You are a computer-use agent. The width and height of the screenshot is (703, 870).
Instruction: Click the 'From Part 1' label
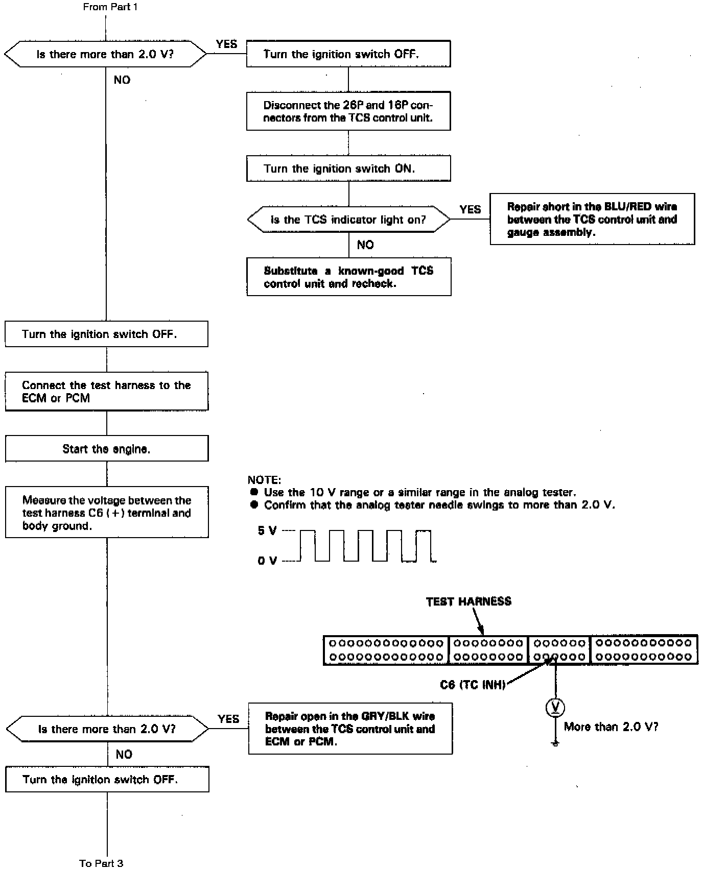pyautogui.click(x=110, y=7)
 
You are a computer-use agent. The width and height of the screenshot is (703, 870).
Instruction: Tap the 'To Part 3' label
pyautogui.click(x=101, y=863)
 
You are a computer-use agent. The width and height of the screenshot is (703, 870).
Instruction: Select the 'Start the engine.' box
pyautogui.click(x=107, y=449)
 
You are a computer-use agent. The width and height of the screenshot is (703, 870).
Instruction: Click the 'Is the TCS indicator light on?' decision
pyautogui.click(x=348, y=220)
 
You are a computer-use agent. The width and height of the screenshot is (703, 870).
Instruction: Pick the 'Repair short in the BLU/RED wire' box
pyautogui.click(x=592, y=219)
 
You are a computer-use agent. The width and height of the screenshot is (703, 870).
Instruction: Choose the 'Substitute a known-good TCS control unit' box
pyautogui.click(x=348, y=277)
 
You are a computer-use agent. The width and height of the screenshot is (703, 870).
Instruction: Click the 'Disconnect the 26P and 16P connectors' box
pyautogui.click(x=348, y=111)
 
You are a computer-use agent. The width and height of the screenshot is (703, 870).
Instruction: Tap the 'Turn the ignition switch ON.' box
pyautogui.click(x=348, y=168)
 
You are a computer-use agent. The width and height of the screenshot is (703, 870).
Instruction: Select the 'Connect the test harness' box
pyautogui.click(x=107, y=392)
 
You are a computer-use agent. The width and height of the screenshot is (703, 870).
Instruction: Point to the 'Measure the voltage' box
pyautogui.click(x=107, y=513)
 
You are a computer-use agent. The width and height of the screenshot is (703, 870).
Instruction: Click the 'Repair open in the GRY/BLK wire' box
pyautogui.click(x=350, y=729)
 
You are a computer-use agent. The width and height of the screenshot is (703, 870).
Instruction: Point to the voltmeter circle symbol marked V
pyautogui.click(x=555, y=708)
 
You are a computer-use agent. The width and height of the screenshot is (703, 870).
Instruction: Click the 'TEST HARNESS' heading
pyautogui.click(x=468, y=601)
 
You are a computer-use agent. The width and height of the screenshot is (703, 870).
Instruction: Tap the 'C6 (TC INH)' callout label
pyautogui.click(x=473, y=685)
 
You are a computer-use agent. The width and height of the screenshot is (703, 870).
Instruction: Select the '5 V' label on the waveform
pyautogui.click(x=267, y=531)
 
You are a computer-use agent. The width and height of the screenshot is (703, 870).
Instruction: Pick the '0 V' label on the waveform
pyautogui.click(x=267, y=561)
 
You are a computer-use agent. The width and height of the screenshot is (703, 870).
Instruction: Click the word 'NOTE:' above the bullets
pyautogui.click(x=264, y=480)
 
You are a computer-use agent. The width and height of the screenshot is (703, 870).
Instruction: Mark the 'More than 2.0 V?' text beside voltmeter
pyautogui.click(x=611, y=727)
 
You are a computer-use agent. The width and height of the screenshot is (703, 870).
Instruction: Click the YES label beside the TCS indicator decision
pyautogui.click(x=470, y=209)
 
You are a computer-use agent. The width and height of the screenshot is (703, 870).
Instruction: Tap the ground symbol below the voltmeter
pyautogui.click(x=555, y=743)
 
